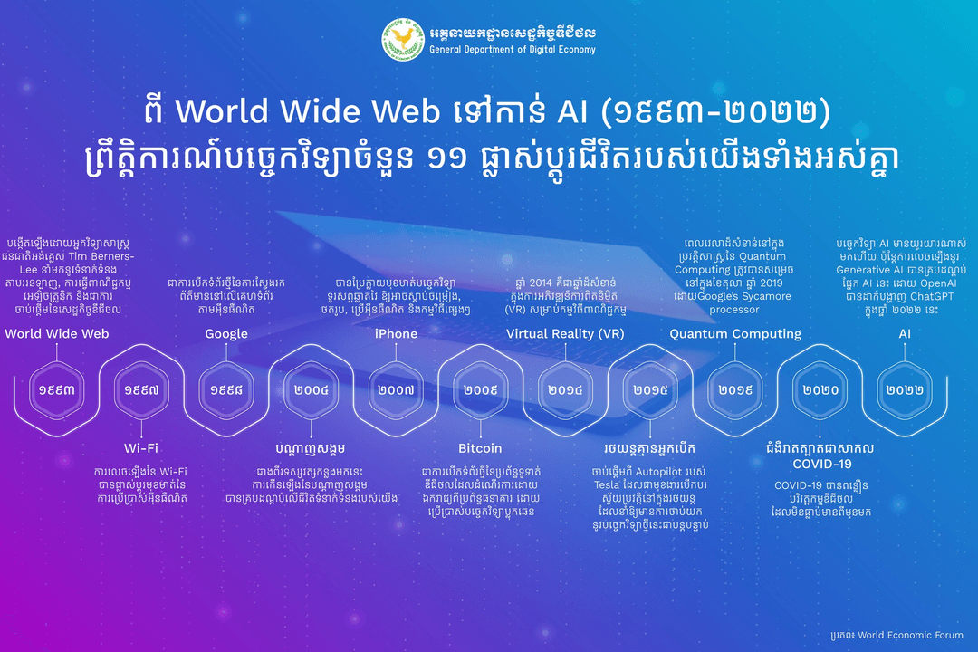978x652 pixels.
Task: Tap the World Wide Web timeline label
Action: [57, 334]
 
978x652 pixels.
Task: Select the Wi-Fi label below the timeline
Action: [141, 448]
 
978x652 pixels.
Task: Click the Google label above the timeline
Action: [226, 334]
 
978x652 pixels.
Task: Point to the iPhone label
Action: [396, 334]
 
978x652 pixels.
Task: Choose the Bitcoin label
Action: [480, 448]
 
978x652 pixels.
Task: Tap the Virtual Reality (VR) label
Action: [565, 334]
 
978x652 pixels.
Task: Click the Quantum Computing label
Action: [735, 334]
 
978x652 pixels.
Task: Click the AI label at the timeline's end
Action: [905, 334]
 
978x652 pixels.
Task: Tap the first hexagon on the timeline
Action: [57, 390]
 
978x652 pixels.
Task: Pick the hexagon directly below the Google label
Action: [226, 390]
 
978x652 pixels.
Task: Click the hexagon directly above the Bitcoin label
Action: [480, 390]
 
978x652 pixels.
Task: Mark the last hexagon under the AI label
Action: [905, 390]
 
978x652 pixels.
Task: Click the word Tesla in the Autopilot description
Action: [606, 485]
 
